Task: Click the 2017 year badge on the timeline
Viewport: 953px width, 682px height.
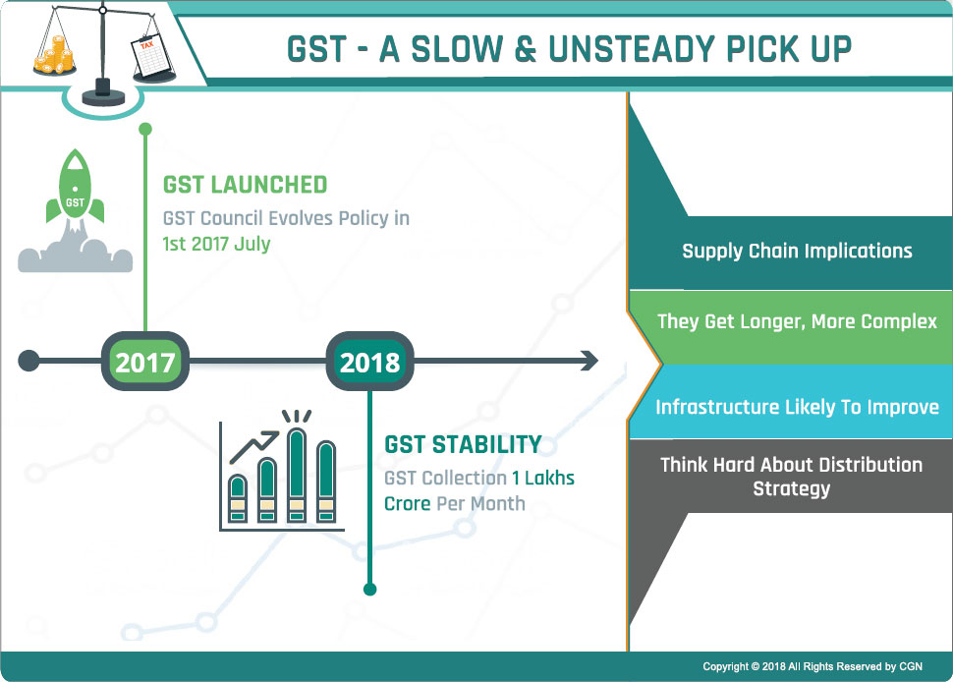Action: [x=144, y=361]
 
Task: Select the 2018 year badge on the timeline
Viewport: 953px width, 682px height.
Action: [x=369, y=361]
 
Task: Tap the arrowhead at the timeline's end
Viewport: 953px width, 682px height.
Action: [x=589, y=361]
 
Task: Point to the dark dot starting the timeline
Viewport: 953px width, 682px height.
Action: [x=28, y=361]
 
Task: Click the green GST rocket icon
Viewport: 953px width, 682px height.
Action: [x=76, y=189]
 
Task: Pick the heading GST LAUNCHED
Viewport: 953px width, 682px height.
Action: [x=245, y=185]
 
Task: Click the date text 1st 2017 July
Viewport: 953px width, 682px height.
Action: [x=216, y=244]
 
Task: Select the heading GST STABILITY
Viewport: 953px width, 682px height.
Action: [x=463, y=444]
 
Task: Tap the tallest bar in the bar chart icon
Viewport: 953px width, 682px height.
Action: [x=297, y=475]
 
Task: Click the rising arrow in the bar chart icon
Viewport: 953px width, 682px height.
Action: [x=254, y=447]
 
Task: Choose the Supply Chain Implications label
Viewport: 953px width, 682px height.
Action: [x=797, y=251]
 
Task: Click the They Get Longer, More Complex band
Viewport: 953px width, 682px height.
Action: [x=791, y=327]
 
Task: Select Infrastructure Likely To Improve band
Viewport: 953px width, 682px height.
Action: [x=791, y=401]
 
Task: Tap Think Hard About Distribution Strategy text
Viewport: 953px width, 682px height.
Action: [x=791, y=477]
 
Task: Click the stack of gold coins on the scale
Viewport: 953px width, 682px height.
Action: [x=55, y=55]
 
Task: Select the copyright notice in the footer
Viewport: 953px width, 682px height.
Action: [x=812, y=666]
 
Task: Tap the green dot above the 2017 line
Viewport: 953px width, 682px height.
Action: [x=145, y=129]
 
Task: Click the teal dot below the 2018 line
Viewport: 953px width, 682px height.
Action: [x=369, y=589]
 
